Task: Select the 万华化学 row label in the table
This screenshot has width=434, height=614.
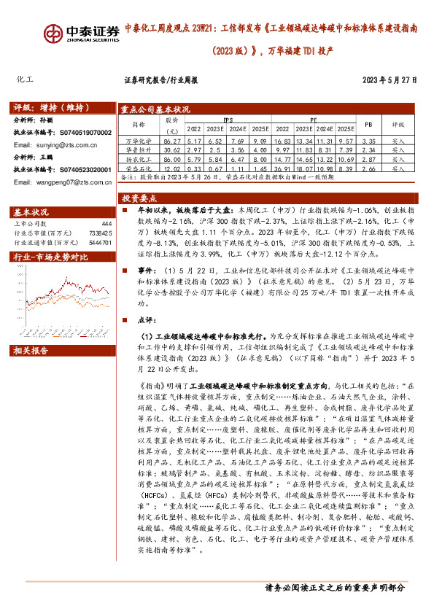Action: [138, 140]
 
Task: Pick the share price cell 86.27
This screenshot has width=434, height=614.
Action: [172, 140]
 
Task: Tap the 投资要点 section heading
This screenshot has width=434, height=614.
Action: [139, 198]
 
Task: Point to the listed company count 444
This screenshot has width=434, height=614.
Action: [106, 223]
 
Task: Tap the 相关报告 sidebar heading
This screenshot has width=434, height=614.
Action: [31, 350]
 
